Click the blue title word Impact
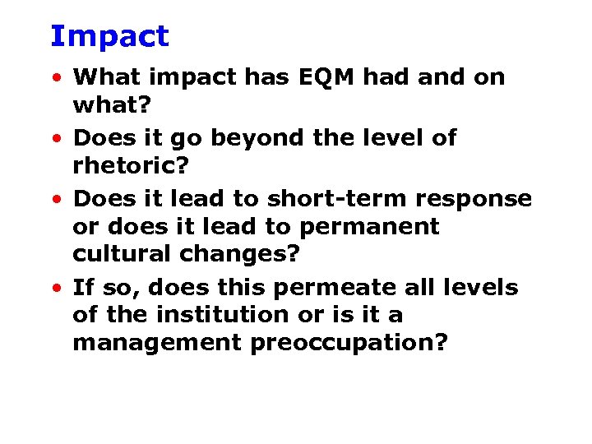(109, 36)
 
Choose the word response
(474, 199)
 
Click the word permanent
(369, 226)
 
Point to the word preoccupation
(349, 343)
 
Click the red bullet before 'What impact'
(55, 79)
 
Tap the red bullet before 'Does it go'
(55, 140)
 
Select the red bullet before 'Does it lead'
(55, 201)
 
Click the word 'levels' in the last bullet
(484, 288)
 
